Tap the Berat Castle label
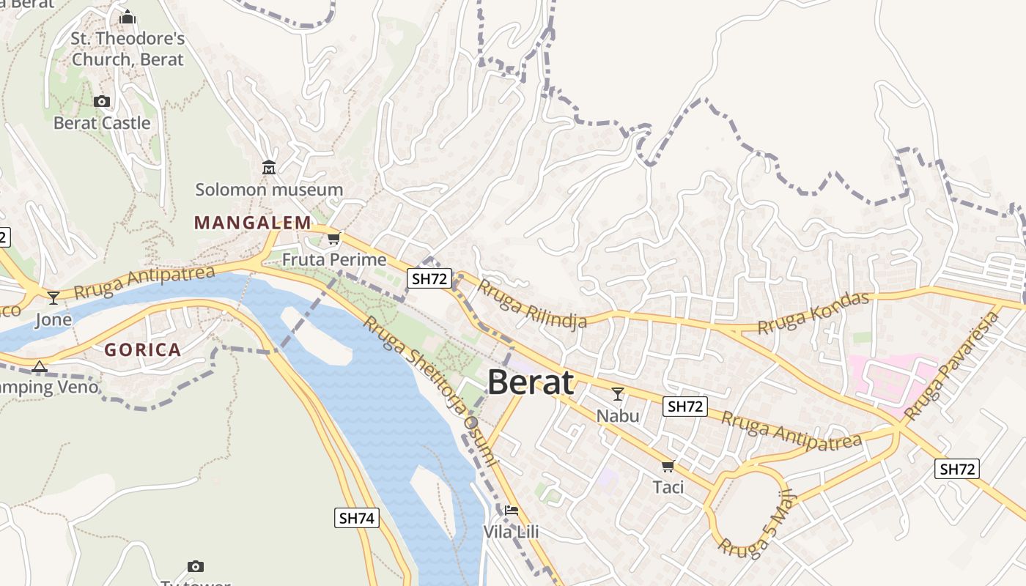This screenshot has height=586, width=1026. click(102, 123)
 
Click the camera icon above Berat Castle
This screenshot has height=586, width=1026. click(102, 101)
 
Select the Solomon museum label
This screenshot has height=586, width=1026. click(269, 190)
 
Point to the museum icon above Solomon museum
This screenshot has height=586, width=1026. click(269, 168)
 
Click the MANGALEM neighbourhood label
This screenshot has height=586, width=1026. click(253, 223)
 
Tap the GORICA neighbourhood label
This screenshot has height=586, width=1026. click(143, 349)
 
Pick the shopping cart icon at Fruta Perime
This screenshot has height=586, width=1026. click(334, 238)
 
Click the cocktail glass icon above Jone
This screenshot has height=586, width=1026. click(53, 298)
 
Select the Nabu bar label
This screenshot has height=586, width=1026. click(618, 416)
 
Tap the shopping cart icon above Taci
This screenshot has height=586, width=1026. click(668, 466)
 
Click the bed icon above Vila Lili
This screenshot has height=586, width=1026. click(511, 510)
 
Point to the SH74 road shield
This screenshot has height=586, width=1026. click(357, 518)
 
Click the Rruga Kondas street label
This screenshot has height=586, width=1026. click(813, 314)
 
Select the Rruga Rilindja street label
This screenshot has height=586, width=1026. click(533, 303)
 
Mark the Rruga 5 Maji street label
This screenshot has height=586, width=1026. click(756, 524)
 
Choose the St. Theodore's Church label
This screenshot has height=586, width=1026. click(128, 48)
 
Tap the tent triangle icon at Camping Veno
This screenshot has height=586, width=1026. click(40, 366)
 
